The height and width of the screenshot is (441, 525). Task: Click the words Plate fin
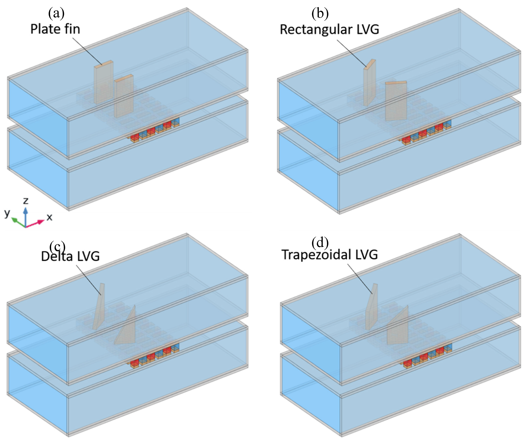click(x=55, y=29)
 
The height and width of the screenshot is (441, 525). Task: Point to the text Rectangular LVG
click(x=329, y=29)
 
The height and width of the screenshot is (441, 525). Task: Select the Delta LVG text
click(x=70, y=256)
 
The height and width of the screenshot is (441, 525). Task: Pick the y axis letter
click(x=7, y=213)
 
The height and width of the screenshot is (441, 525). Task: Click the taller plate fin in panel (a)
click(x=103, y=83)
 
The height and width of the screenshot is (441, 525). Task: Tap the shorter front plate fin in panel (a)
click(x=124, y=98)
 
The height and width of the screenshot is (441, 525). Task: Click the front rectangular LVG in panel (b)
click(x=396, y=101)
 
